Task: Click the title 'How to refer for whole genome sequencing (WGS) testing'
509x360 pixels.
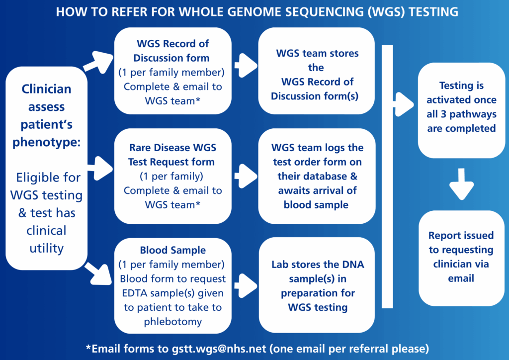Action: click(257, 12)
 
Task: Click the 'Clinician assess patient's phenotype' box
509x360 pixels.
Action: click(46, 168)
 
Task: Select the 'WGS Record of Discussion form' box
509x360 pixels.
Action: click(172, 71)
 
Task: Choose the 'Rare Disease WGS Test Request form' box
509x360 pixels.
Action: click(172, 176)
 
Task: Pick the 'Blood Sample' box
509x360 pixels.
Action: click(172, 285)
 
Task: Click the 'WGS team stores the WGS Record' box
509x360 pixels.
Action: click(317, 71)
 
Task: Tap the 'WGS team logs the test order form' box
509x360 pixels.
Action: click(317, 176)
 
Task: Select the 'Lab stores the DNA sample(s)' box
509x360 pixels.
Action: click(317, 285)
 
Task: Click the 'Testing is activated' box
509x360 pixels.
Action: click(461, 110)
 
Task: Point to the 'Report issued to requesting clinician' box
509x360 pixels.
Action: click(461, 258)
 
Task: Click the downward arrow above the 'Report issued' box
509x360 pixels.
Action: click(462, 184)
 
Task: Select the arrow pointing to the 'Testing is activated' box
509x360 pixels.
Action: click(404, 104)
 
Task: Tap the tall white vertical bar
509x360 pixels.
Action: click(387, 177)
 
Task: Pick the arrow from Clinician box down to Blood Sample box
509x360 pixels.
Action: click(98, 274)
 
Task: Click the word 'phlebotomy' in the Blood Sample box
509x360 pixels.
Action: click(172, 322)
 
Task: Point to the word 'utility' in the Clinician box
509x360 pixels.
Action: click(46, 249)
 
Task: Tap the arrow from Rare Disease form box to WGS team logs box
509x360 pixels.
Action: click(246, 176)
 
